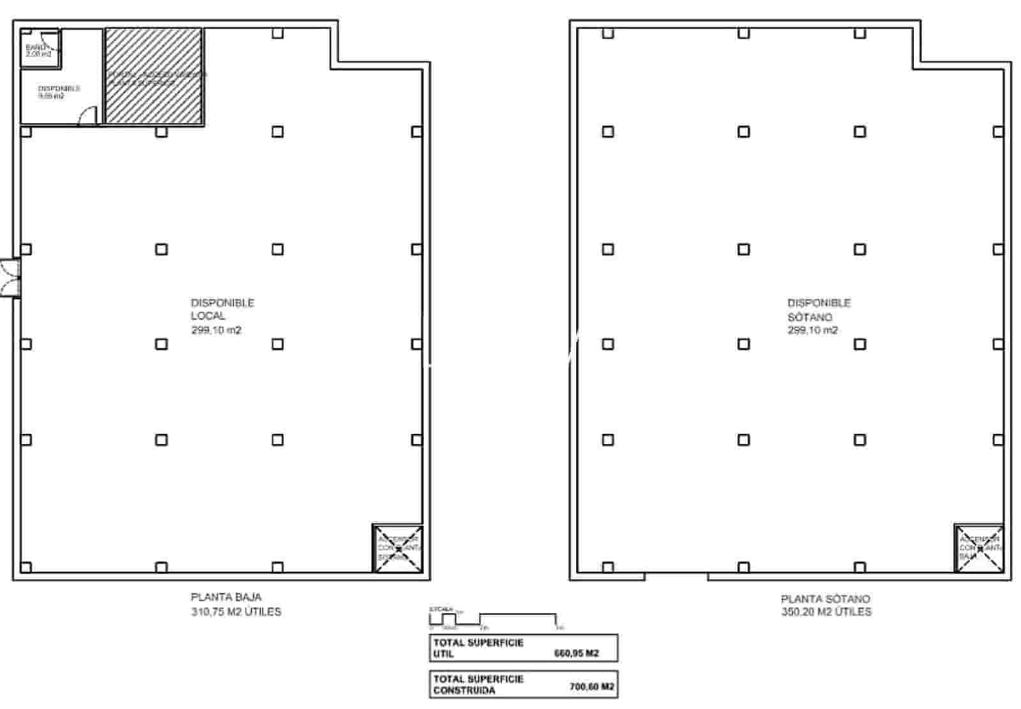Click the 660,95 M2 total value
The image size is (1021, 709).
point(576,653)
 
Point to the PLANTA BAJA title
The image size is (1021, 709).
point(226,597)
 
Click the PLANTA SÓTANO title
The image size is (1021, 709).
point(825,599)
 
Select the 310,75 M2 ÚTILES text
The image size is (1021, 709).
point(235,611)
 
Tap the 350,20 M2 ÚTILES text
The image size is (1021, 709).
point(826,611)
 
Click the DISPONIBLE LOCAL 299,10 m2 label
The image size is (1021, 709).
point(222,317)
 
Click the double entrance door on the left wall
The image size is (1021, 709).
point(10,278)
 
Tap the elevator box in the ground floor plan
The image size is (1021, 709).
point(398,548)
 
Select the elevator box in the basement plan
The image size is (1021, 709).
point(980,548)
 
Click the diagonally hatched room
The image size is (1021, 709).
point(154,76)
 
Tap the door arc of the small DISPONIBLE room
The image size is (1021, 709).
point(87,116)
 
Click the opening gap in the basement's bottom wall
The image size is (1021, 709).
point(676,576)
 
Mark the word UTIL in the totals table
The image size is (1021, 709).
point(444,654)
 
